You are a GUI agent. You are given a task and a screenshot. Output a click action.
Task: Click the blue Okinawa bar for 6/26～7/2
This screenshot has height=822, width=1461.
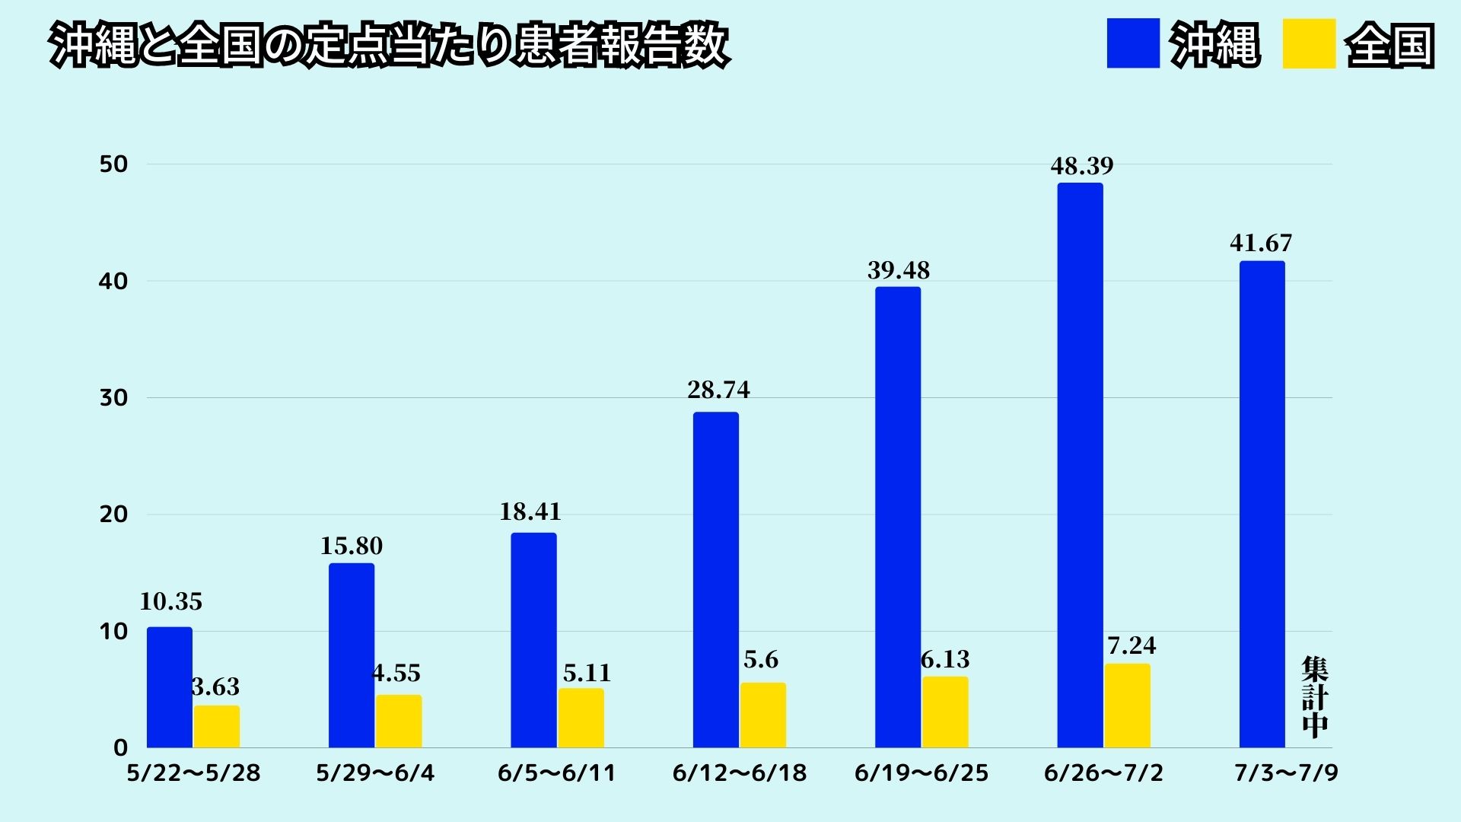[1080, 465]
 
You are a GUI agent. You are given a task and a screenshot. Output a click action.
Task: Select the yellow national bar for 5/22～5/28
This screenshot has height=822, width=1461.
[216, 726]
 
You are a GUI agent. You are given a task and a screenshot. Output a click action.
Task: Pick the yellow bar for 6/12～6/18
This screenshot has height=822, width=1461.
[762, 715]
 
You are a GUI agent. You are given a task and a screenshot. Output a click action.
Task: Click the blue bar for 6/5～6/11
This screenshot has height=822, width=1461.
[533, 640]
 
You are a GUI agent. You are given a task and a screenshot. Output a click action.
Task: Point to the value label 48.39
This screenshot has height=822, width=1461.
[1081, 166]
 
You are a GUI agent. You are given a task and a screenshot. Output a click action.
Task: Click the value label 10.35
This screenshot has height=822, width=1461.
[170, 602]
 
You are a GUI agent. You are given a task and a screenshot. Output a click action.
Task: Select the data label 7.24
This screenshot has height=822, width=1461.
[1132, 645]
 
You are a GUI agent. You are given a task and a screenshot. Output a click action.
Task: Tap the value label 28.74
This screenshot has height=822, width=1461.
[718, 390]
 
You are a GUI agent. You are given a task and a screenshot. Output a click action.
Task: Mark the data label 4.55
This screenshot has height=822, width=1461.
[396, 673]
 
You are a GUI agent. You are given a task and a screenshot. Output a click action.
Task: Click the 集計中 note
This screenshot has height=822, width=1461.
[1314, 696]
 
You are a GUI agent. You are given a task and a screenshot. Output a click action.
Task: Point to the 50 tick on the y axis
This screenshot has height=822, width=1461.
[113, 164]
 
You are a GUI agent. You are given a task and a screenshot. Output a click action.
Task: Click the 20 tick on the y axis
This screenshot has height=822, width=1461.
[113, 515]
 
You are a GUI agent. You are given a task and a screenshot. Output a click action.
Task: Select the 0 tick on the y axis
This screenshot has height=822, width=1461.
[120, 747]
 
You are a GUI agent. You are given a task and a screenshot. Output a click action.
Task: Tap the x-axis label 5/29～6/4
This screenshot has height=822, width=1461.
[375, 773]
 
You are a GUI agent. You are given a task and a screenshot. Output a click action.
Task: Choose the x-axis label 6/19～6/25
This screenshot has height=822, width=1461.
[921, 773]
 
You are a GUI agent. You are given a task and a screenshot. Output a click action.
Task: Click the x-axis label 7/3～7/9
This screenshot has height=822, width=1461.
[1286, 773]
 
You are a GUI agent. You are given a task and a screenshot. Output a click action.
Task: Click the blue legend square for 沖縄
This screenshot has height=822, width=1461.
[1133, 44]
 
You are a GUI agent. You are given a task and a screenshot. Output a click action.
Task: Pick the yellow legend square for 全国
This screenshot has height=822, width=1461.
[1309, 44]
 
